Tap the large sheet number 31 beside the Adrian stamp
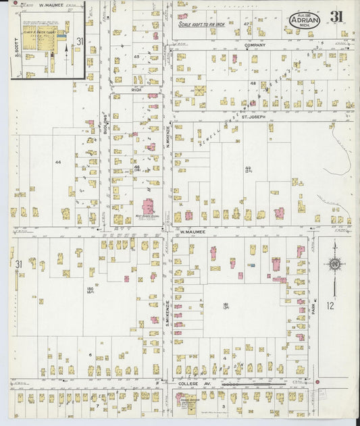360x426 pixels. pos(336,17)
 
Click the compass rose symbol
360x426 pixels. pos(333,264)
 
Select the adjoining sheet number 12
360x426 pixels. pos(330,306)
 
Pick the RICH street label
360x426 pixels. pos(136,88)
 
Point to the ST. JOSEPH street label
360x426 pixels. pos(259,116)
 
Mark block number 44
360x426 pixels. pos(58,162)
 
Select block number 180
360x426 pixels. pos(89,290)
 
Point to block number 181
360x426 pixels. pos(228,304)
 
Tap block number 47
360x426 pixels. pos(247,24)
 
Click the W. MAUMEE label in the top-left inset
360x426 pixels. pos(51,5)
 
